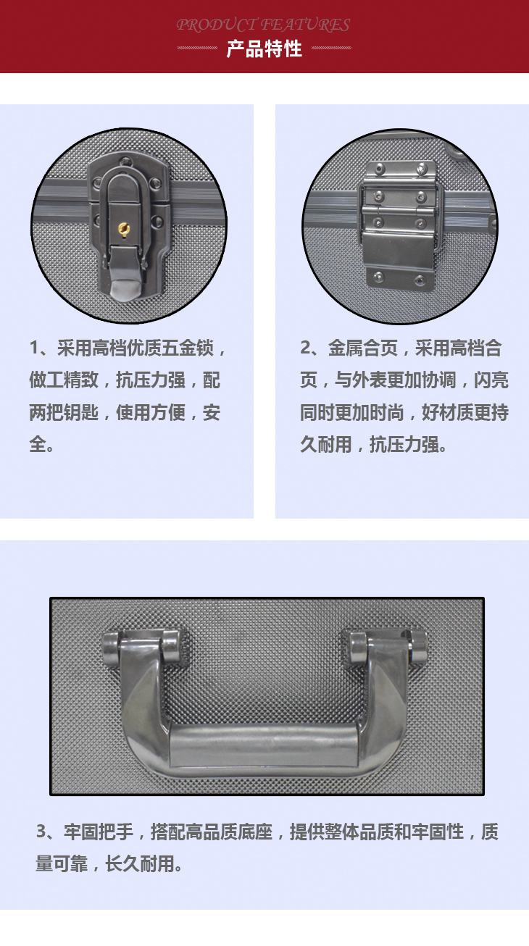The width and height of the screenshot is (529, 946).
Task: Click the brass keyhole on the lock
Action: (123, 230)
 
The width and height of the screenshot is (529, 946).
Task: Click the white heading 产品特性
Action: (264, 49)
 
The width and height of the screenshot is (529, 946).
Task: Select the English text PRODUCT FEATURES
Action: (263, 25)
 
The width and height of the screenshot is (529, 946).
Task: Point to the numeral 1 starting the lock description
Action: (35, 348)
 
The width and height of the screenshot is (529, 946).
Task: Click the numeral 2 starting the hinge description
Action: (306, 348)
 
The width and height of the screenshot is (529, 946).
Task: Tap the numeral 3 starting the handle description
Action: (41, 832)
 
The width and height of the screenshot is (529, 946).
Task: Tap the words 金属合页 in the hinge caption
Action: (363, 348)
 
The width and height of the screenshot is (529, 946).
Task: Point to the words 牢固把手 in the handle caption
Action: (99, 832)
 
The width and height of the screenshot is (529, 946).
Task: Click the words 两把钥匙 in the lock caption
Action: (64, 412)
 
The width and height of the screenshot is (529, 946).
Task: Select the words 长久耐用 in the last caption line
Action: (140, 863)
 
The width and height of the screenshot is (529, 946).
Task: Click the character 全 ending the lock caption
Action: (38, 444)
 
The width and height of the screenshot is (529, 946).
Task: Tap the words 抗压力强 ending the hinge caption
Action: (404, 444)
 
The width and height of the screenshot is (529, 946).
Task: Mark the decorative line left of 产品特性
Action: (197, 48)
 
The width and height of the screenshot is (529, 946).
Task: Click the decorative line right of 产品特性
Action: (331, 48)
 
